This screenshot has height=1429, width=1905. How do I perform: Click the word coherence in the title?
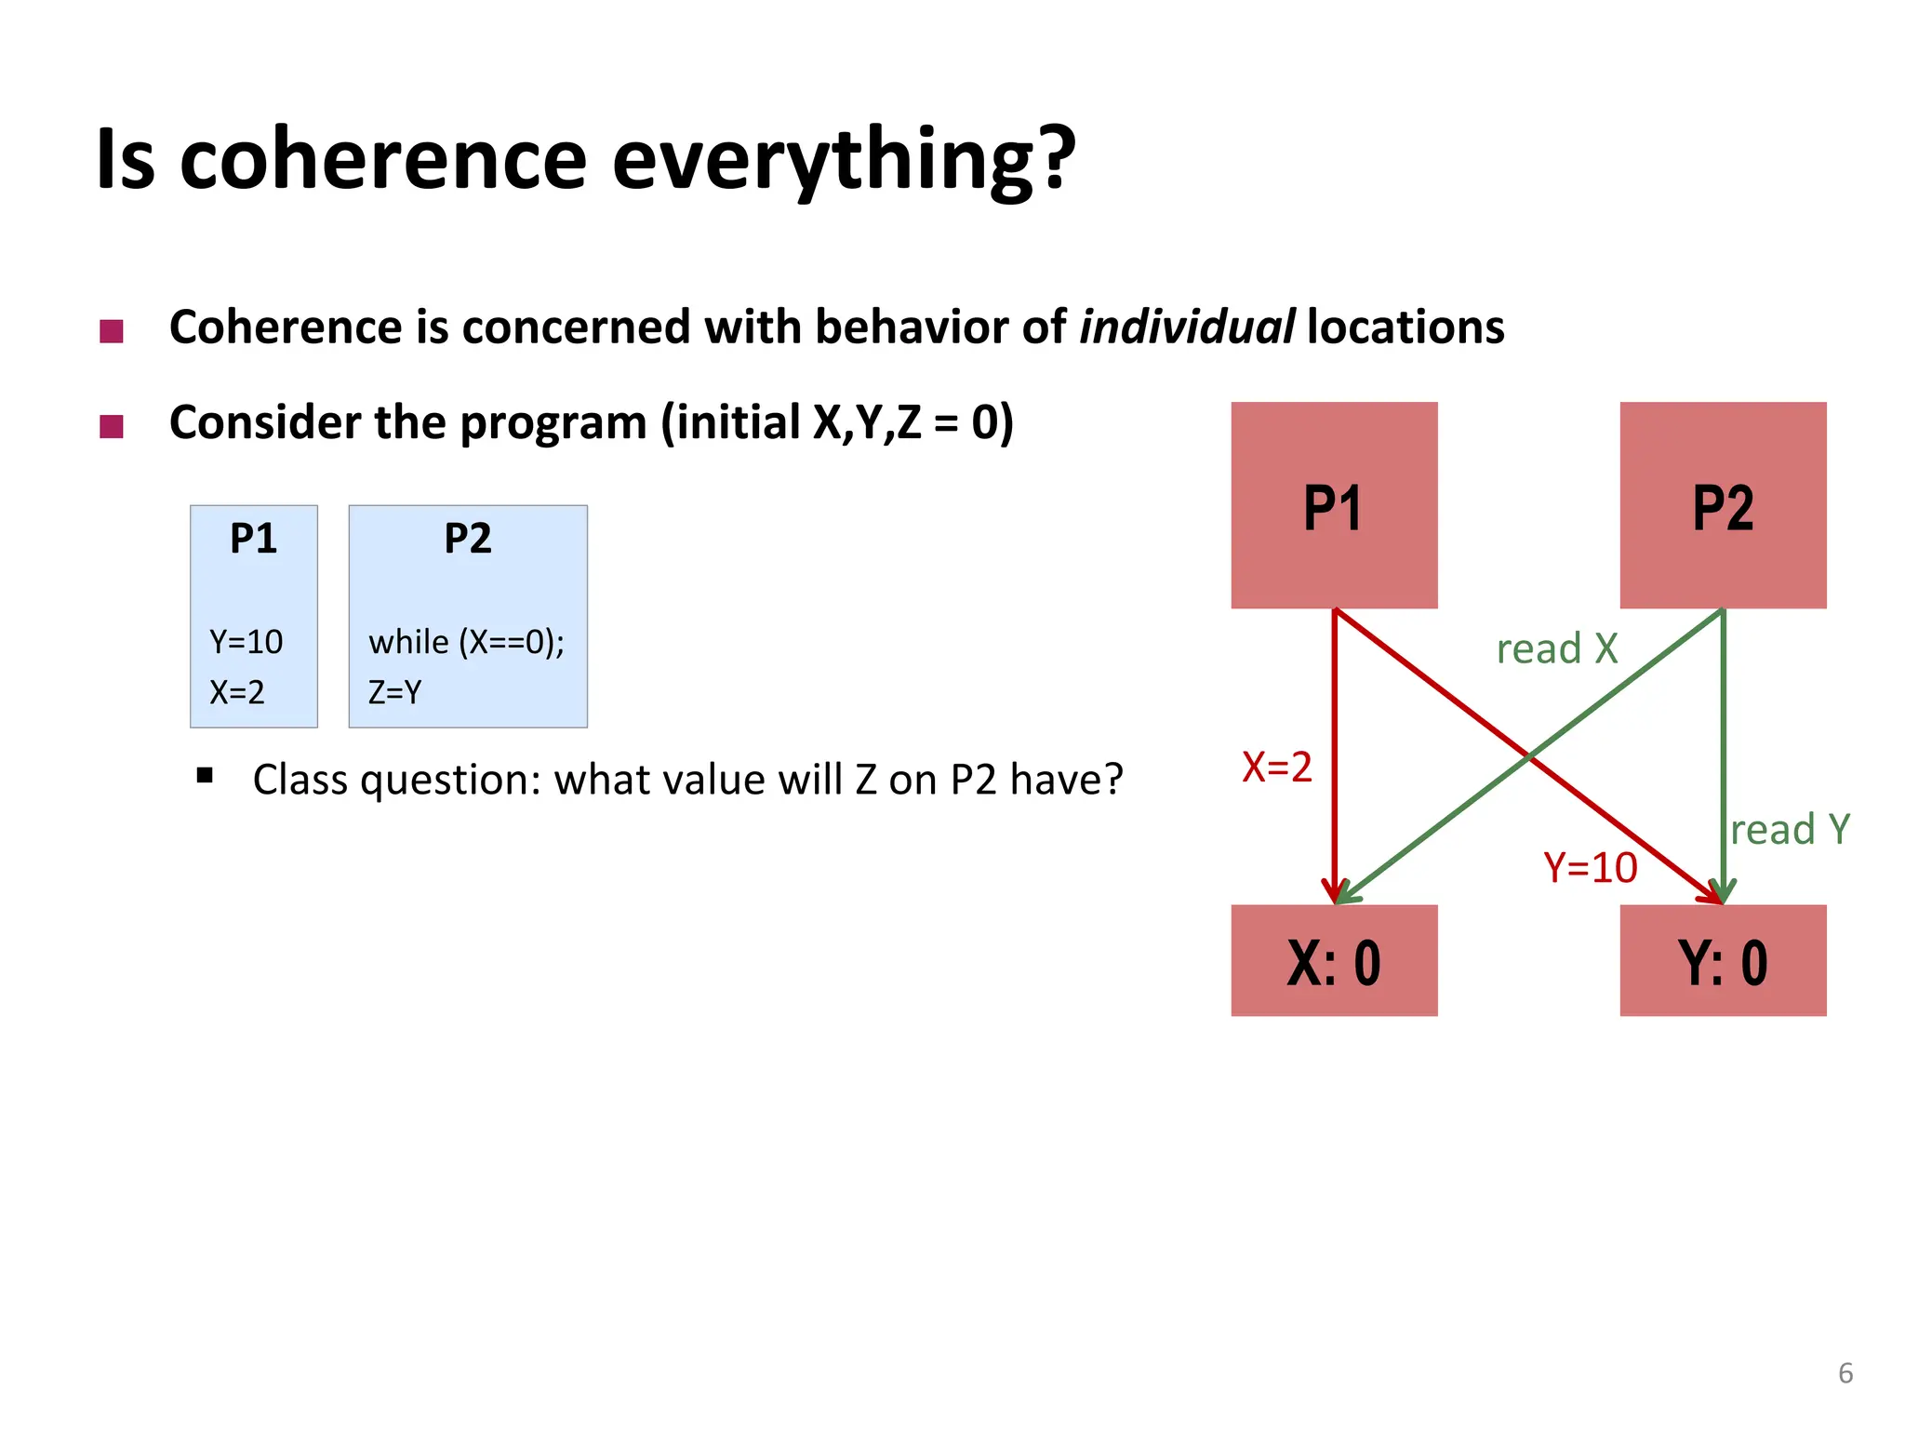coord(382,160)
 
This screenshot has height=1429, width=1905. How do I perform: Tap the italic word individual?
coord(1186,327)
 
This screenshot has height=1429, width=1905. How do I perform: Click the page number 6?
coord(1845,1373)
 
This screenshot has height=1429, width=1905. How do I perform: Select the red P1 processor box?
coord(1334,505)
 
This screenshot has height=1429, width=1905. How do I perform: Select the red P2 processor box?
coord(1723,505)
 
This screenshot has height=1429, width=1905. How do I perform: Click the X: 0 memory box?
coord(1334,960)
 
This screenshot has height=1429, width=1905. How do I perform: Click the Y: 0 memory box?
coord(1723,960)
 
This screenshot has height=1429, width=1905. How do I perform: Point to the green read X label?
coord(1557,648)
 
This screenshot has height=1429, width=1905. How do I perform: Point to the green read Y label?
coord(1790,829)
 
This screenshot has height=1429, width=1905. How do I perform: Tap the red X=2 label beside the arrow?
coord(1277,768)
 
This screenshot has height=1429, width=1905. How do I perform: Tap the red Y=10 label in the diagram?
coord(1591,867)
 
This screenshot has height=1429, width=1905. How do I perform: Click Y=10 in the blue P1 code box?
coord(246,642)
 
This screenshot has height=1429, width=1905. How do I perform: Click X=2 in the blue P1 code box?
coord(237,692)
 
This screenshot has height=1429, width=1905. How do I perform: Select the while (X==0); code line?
coord(466,642)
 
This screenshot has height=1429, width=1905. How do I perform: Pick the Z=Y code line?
coord(395,692)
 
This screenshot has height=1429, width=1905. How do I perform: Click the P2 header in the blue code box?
coord(467,539)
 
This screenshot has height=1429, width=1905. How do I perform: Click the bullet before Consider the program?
coord(112,426)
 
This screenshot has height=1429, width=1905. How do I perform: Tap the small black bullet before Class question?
coord(206,775)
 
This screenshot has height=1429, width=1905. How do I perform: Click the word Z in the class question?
coord(866,780)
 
